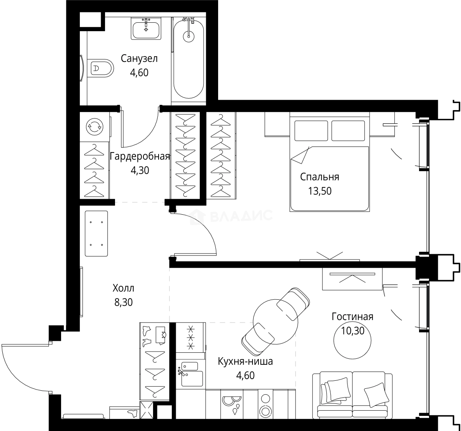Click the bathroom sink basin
(146, 29)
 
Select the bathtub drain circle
(189, 36)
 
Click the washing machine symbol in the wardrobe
(94, 127)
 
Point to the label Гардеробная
(140, 156)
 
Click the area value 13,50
(320, 191)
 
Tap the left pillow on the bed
(311, 131)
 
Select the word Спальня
(320, 177)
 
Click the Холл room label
(123, 288)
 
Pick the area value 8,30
(123, 302)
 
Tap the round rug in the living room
(352, 340)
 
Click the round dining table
(276, 321)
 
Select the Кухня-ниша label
(246, 361)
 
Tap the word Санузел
(139, 59)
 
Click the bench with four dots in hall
(96, 233)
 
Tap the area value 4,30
(140, 170)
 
